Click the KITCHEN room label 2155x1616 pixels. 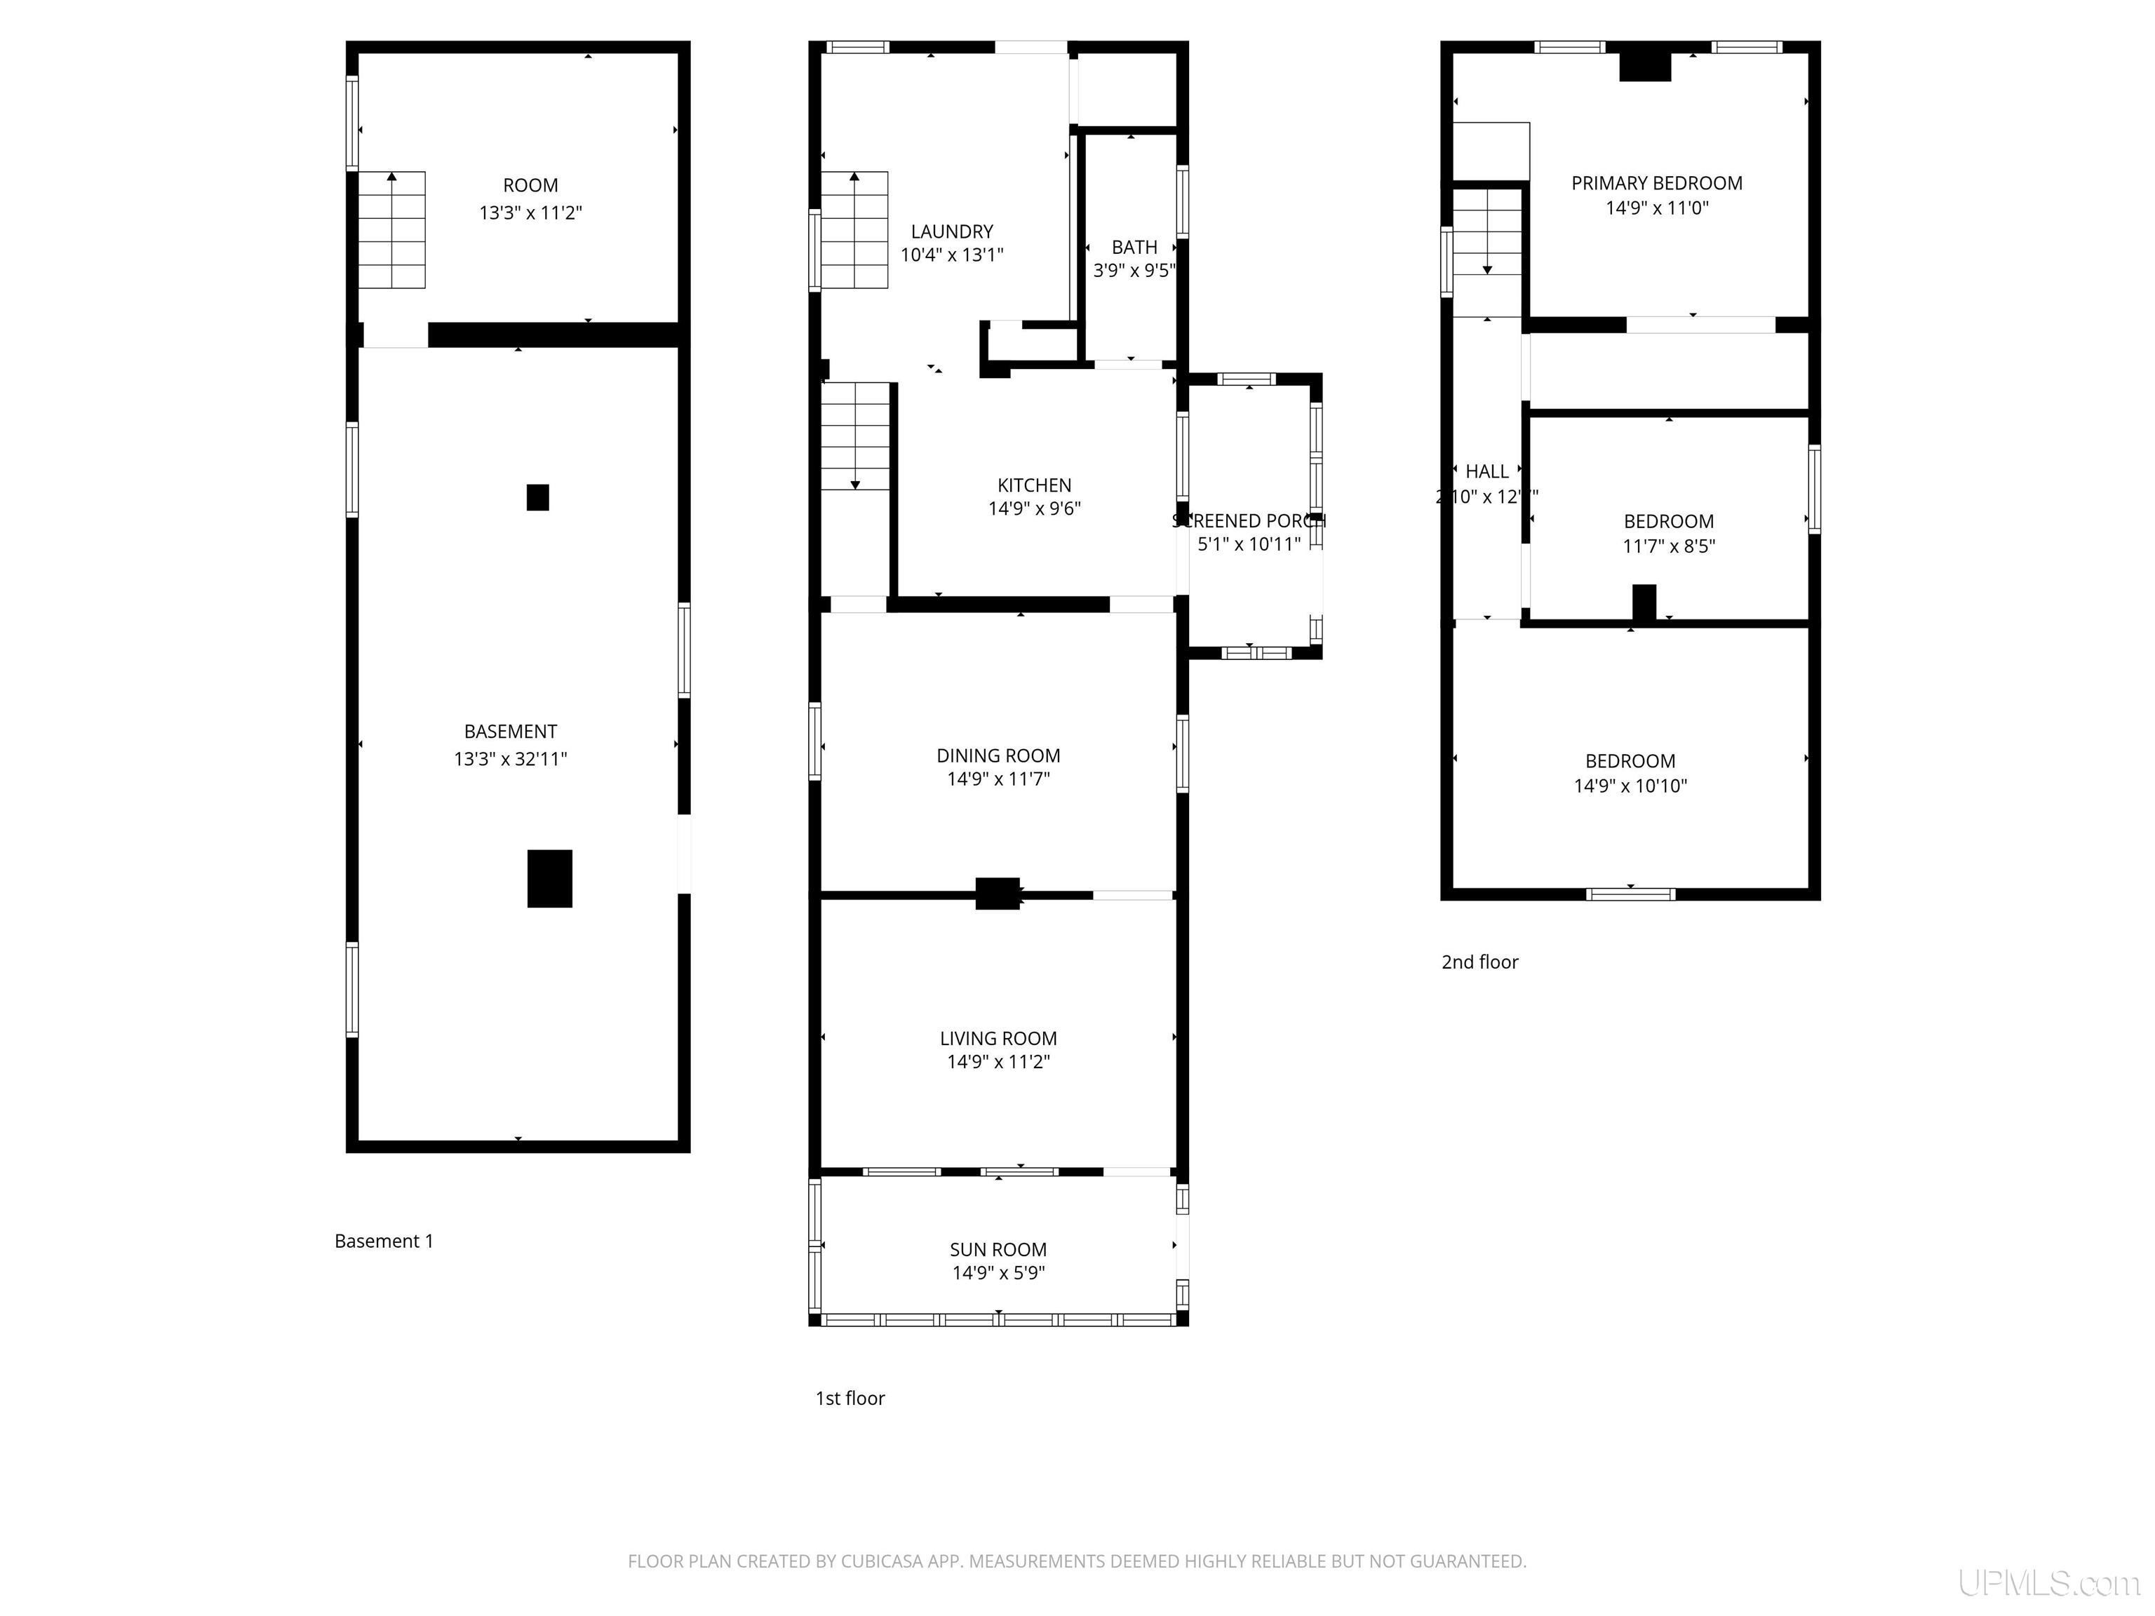[1034, 485]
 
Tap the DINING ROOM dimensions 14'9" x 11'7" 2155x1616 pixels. [998, 779]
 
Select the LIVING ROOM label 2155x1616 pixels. [998, 1038]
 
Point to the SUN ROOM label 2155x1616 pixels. [998, 1250]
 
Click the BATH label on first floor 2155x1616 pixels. [1134, 248]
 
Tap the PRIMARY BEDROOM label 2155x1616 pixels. [1656, 183]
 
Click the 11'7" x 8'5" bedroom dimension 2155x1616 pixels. [1668, 546]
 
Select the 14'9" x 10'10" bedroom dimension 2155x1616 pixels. [1630, 786]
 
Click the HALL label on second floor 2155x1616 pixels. [1486, 471]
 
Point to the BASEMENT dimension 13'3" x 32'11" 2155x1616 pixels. [509, 759]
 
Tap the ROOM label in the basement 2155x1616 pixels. [530, 185]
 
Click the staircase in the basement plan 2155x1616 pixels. [391, 230]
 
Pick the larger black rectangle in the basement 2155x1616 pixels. [549, 879]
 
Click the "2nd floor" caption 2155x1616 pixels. [1479, 962]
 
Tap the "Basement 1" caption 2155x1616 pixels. [384, 1241]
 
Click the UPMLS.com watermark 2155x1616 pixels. [2048, 1583]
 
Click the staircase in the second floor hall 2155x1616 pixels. [1486, 233]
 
